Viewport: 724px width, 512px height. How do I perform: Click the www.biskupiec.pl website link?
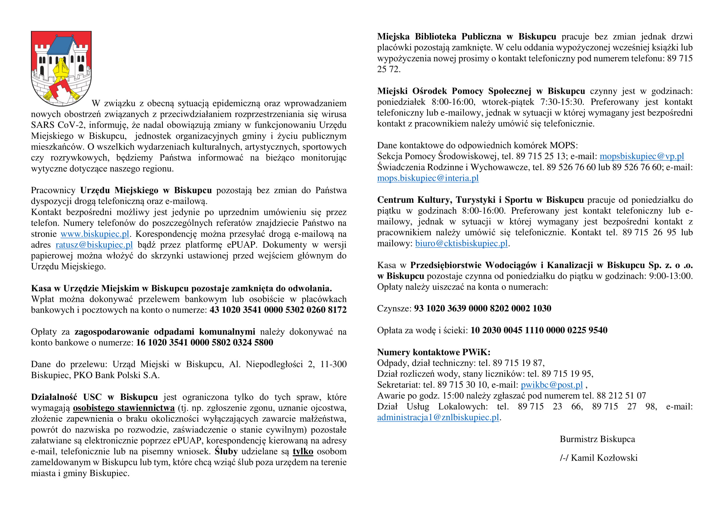(95, 234)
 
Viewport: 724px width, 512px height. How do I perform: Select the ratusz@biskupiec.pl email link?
(94, 245)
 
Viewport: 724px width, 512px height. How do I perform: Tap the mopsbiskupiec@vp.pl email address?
(641, 156)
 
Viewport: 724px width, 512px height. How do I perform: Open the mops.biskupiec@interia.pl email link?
(427, 178)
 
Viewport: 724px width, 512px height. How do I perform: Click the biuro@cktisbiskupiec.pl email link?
(461, 243)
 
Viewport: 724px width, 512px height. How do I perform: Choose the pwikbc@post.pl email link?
(552, 385)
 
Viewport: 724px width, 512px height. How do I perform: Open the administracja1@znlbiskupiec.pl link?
(438, 417)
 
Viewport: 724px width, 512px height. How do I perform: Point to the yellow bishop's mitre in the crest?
(61, 68)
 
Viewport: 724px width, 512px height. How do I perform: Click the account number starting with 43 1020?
(278, 310)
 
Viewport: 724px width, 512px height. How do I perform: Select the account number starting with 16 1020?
(204, 343)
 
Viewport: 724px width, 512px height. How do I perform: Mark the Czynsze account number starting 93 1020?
(483, 308)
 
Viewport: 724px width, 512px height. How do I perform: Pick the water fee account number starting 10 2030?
(539, 330)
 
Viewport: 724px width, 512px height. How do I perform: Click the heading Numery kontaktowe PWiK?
(434, 352)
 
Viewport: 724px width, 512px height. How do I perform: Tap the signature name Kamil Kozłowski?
(604, 458)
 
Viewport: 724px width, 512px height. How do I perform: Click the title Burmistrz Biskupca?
(597, 439)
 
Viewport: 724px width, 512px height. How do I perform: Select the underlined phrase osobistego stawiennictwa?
(124, 408)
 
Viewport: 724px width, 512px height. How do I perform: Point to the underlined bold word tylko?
(303, 451)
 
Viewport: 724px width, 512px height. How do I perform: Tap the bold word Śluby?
(226, 451)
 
